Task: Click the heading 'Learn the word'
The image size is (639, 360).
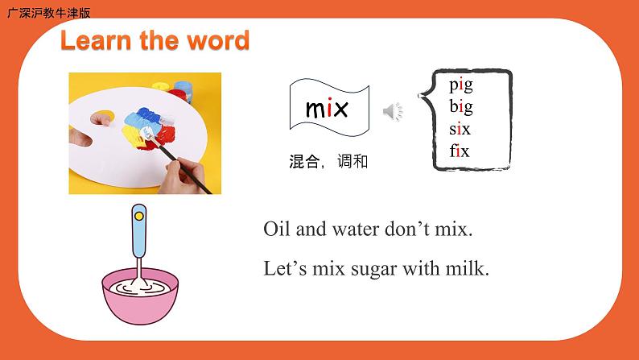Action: click(x=155, y=40)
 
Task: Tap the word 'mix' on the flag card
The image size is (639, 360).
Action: click(x=327, y=109)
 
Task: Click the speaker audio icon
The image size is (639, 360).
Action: click(x=393, y=112)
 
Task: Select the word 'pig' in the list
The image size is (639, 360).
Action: click(x=461, y=85)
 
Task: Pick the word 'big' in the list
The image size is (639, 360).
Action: click(x=461, y=106)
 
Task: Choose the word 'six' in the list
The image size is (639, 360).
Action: click(x=460, y=129)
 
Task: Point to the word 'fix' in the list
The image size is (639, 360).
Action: click(x=460, y=151)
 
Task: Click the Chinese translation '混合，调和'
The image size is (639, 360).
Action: click(x=328, y=162)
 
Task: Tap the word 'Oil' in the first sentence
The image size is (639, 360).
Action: click(x=277, y=230)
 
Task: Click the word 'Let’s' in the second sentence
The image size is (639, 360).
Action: click(x=283, y=268)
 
